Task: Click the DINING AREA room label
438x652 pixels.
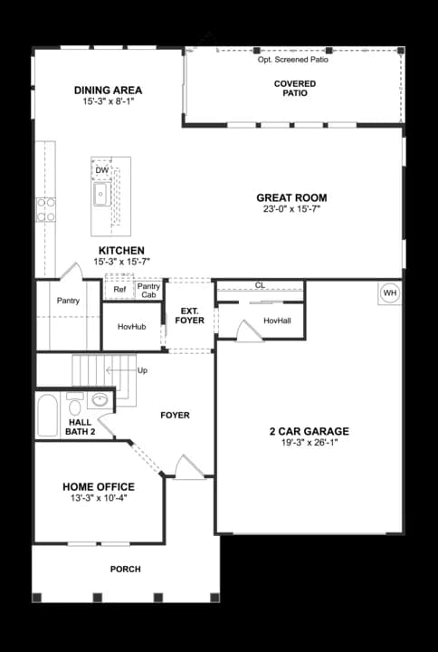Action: click(x=108, y=91)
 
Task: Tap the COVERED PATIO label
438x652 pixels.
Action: click(x=295, y=88)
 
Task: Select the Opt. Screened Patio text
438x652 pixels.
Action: click(x=293, y=60)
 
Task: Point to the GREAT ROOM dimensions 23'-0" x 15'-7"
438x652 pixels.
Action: click(x=291, y=209)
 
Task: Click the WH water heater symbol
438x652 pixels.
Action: click(x=389, y=292)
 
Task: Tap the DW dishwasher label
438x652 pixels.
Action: click(x=101, y=170)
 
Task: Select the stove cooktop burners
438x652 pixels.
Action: click(x=45, y=210)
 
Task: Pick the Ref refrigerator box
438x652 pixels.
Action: click(x=119, y=290)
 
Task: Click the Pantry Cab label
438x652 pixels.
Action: click(x=148, y=291)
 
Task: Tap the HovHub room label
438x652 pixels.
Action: click(x=131, y=326)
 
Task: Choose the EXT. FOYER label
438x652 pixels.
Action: click(x=190, y=316)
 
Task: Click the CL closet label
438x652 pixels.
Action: click(x=260, y=285)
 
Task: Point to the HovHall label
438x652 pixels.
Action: click(x=277, y=321)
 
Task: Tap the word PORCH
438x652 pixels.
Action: click(x=125, y=569)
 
